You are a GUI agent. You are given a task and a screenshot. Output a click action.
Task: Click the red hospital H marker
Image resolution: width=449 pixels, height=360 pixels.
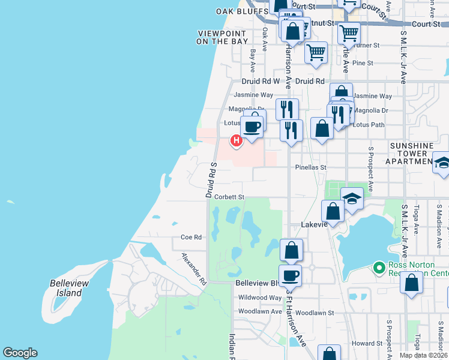(x=237, y=141)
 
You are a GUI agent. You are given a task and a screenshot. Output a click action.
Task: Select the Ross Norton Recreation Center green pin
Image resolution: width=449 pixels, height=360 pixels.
(x=378, y=268)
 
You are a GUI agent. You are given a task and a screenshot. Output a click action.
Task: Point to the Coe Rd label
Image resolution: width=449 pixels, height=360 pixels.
(x=191, y=238)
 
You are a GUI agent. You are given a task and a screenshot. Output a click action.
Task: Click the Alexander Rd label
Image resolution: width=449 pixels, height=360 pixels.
(x=194, y=268)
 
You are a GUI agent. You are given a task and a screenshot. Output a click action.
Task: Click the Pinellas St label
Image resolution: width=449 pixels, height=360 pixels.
(x=310, y=168)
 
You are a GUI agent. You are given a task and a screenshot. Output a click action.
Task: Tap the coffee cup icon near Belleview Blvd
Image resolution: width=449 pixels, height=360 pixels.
(x=291, y=275)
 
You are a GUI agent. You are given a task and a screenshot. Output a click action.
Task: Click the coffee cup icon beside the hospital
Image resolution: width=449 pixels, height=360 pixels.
(x=252, y=127)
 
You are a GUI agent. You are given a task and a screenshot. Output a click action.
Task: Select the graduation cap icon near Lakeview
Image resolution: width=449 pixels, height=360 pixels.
(x=352, y=198)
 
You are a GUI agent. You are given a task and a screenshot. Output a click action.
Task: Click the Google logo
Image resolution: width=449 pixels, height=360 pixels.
(x=20, y=353)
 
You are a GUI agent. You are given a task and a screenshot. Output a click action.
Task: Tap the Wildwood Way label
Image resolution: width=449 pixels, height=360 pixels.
(x=260, y=298)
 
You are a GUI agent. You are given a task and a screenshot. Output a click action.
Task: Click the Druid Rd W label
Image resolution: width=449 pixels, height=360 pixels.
(x=261, y=81)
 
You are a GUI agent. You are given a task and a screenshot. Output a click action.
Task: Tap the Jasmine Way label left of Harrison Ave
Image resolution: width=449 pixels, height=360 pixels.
(x=253, y=95)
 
